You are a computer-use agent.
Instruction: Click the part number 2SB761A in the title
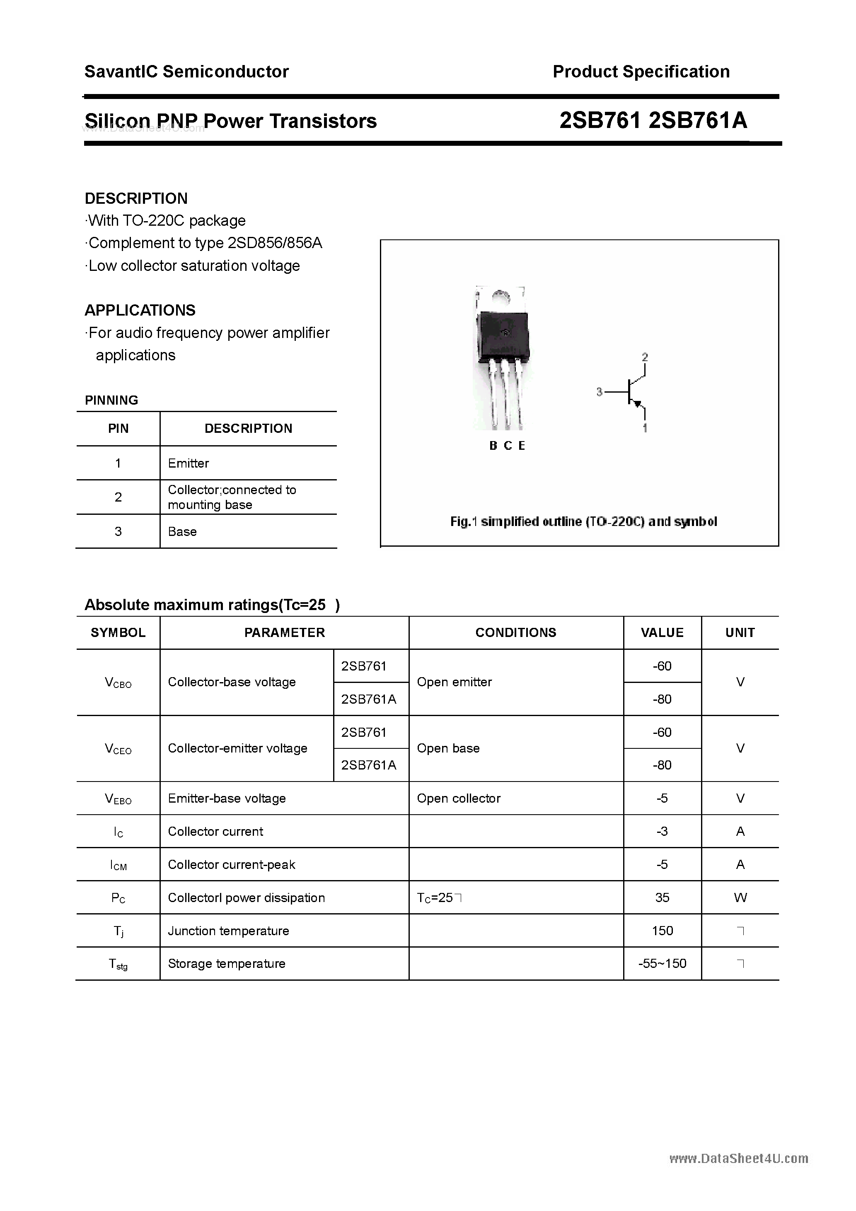click(698, 121)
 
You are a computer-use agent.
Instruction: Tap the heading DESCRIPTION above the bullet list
click(136, 198)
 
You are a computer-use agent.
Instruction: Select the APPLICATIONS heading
click(140, 310)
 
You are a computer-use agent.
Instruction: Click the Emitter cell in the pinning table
click(189, 463)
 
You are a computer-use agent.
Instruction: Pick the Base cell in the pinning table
click(182, 532)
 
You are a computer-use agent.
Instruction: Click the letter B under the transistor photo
click(493, 446)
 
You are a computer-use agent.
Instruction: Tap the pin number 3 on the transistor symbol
click(599, 392)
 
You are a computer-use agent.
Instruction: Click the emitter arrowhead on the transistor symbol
click(638, 404)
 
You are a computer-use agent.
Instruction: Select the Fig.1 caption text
click(583, 522)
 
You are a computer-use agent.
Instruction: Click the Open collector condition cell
click(458, 798)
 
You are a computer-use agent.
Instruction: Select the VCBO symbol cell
click(118, 683)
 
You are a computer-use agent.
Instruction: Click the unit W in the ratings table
click(740, 898)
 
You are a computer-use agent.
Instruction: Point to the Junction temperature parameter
click(228, 931)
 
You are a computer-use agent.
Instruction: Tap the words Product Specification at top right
click(641, 72)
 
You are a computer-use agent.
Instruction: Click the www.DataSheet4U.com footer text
click(738, 1158)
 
